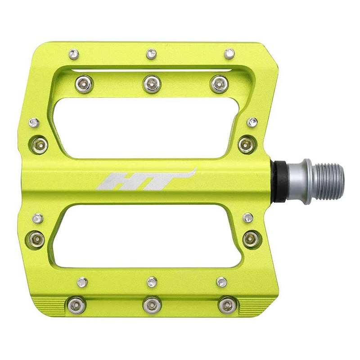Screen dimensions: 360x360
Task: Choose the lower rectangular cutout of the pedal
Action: pyautogui.click(x=148, y=238)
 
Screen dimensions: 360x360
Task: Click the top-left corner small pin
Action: pyautogui.click(x=73, y=53)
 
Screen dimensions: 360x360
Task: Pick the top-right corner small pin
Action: pyautogui.click(x=229, y=53)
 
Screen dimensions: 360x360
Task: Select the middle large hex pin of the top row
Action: pyautogui.click(x=152, y=82)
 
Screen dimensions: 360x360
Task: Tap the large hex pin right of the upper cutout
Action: pyautogui.click(x=246, y=144)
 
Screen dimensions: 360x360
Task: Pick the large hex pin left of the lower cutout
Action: pyautogui.click(x=37, y=237)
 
